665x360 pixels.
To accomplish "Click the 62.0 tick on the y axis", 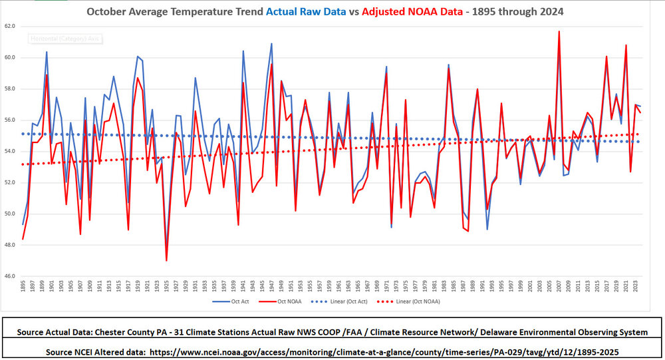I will [10, 26].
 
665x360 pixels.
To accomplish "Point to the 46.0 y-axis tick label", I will [10, 276].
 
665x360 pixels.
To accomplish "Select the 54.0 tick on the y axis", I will [10, 151].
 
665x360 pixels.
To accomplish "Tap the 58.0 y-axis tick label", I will [10, 89].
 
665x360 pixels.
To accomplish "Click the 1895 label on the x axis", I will [23, 287].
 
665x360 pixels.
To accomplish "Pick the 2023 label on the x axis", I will [636, 287].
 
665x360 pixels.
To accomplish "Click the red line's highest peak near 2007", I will [559, 31].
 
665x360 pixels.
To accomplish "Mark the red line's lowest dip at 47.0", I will [166, 260].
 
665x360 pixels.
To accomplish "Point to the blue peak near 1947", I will [271, 44].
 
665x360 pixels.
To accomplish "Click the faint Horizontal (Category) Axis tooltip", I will [63, 39].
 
